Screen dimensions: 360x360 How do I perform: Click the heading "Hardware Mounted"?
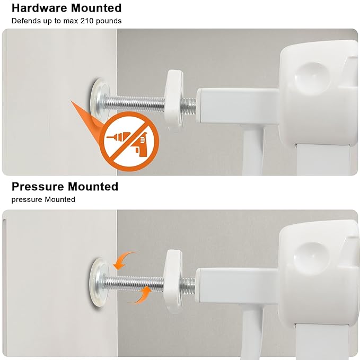pyautogui.click(x=66, y=8)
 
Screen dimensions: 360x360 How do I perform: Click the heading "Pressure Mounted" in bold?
pyautogui.click(x=65, y=187)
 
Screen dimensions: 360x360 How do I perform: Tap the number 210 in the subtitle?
pyautogui.click(x=84, y=21)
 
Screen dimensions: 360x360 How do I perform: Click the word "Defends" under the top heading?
pyautogui.click(x=24, y=21)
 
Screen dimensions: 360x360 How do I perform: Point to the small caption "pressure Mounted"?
pyautogui.click(x=43, y=200)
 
